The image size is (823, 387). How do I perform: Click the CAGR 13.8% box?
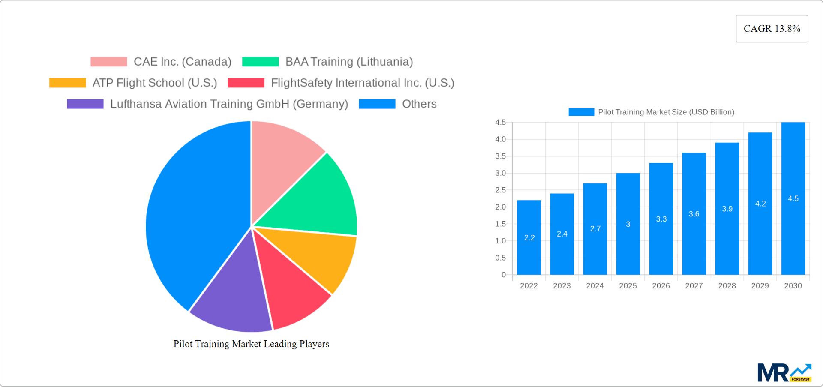point(772,29)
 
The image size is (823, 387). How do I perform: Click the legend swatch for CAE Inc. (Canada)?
point(109,62)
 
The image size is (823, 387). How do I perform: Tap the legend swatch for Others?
point(377,104)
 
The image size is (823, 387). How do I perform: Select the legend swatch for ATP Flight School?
point(67,83)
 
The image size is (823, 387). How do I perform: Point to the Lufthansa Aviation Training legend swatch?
point(85,104)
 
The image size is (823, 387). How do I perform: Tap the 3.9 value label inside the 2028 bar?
point(727,209)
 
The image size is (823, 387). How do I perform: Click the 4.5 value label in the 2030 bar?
point(793,198)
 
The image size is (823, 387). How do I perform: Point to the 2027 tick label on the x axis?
point(694,286)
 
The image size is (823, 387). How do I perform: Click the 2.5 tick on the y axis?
point(500,190)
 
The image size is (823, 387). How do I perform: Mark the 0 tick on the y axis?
point(504,275)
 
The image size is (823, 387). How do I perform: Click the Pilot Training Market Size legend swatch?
point(581,112)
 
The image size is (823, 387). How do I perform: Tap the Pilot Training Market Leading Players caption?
point(251,344)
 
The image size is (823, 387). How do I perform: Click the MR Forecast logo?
point(784,372)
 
